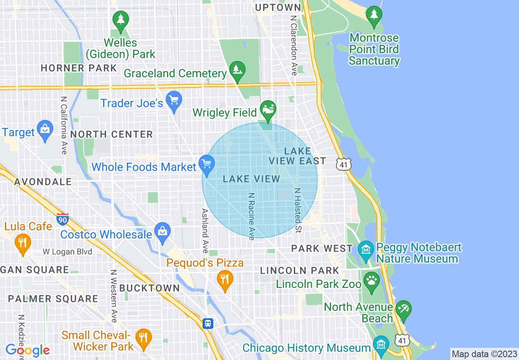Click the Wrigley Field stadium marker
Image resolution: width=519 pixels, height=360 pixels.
[x=269, y=110]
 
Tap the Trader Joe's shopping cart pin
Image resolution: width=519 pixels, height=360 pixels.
[x=174, y=100]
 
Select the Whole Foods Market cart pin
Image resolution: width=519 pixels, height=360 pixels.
[x=207, y=164]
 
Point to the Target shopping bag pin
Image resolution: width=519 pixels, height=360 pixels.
[x=45, y=130]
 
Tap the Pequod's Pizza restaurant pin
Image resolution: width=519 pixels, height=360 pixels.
[x=224, y=280]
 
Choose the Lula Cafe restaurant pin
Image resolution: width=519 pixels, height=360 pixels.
[x=23, y=243]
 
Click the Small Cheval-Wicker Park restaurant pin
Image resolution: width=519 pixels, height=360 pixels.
[x=143, y=338]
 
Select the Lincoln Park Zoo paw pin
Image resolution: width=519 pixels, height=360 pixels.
[x=371, y=281]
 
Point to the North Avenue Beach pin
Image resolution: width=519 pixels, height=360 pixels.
[x=403, y=309]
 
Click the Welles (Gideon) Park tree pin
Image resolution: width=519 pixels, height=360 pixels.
[x=120, y=20]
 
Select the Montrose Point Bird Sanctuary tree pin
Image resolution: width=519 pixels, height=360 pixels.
[x=374, y=16]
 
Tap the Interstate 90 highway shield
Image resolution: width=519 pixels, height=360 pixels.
[x=63, y=219]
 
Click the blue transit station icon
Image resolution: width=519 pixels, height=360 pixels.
[x=208, y=324]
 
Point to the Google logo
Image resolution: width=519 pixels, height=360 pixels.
[x=27, y=350]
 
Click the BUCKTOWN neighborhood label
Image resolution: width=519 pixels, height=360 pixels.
[x=149, y=288]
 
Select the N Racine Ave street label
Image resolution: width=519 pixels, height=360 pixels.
[x=251, y=216]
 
